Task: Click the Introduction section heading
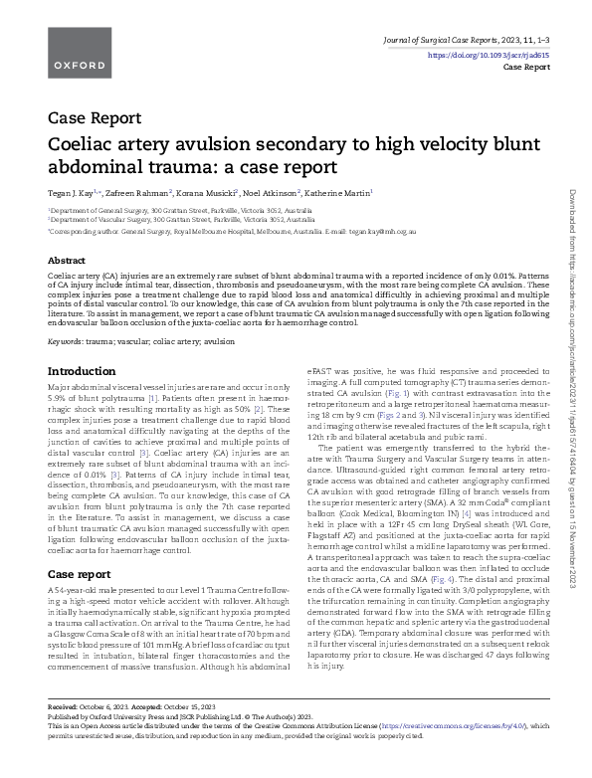[83, 371]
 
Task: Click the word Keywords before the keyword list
[66, 341]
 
